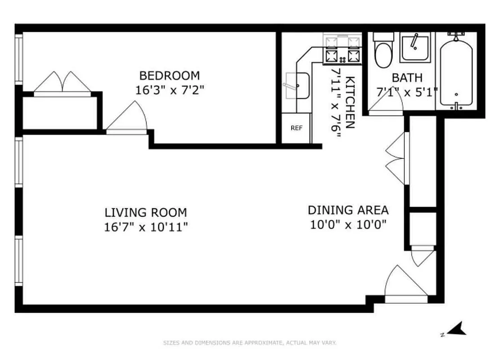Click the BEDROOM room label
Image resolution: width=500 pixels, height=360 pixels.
click(169, 76)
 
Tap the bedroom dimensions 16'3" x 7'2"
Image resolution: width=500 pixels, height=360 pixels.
click(169, 90)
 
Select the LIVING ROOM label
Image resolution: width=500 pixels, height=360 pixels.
click(145, 212)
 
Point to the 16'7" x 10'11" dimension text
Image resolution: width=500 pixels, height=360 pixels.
click(145, 226)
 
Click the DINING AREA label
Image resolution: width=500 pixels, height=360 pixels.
click(348, 210)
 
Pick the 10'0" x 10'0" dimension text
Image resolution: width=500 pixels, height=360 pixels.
click(348, 225)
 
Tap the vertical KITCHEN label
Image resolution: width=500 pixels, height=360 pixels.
click(350, 103)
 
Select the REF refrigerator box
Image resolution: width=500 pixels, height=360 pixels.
click(296, 128)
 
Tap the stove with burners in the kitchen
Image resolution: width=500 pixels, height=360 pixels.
click(342, 49)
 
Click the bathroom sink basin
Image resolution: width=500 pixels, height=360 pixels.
click(415, 47)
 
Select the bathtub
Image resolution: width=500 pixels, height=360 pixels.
click(456, 72)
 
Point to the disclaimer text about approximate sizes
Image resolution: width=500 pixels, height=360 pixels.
click(250, 343)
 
